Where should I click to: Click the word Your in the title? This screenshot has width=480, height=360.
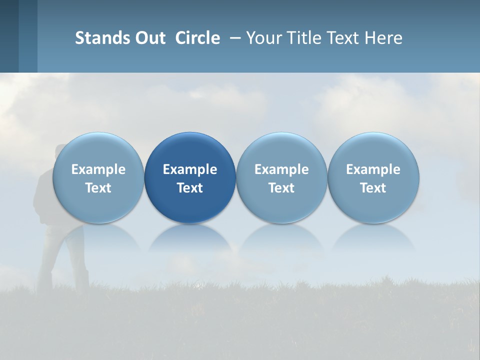coord(263,38)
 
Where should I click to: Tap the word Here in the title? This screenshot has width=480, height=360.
coord(384,38)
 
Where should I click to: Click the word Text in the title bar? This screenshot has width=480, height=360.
coord(344,38)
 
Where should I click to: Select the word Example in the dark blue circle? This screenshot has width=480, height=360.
coord(190,169)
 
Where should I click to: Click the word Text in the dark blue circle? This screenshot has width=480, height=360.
coord(190,188)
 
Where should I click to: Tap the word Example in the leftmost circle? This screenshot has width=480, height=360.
coord(98,169)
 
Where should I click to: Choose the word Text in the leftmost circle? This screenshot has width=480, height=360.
coord(98,188)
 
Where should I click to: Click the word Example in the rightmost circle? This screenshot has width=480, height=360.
coord(373,169)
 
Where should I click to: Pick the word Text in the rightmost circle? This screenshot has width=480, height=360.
coord(373,188)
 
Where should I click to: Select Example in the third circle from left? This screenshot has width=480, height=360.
coord(281,169)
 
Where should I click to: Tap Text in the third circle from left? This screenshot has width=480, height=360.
coord(281,188)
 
